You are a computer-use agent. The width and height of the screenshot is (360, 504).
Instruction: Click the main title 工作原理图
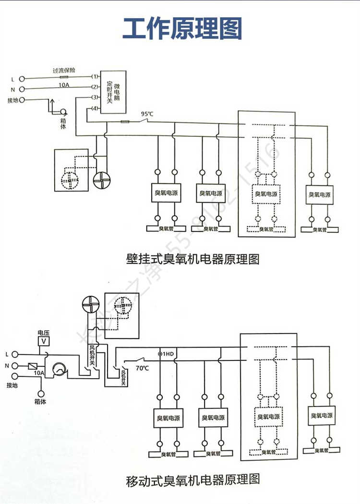(x=182, y=28)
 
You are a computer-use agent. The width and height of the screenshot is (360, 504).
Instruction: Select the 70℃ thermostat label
(x=142, y=369)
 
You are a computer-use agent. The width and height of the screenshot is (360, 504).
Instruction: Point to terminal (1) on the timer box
(x=95, y=77)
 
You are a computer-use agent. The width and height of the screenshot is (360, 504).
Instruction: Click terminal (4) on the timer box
(x=95, y=108)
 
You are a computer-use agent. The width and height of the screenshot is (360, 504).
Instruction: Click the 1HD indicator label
(x=167, y=354)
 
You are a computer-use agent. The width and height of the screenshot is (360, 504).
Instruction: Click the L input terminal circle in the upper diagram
(x=21, y=78)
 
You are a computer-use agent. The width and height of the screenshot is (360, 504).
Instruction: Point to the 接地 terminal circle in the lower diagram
(x=15, y=376)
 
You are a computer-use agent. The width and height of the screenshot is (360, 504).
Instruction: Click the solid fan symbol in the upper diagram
(x=102, y=180)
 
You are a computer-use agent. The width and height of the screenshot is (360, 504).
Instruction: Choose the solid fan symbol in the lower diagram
(x=90, y=304)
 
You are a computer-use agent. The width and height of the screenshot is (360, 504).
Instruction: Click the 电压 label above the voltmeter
(x=44, y=332)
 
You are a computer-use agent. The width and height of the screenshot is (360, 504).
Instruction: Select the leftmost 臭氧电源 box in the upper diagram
(x=166, y=193)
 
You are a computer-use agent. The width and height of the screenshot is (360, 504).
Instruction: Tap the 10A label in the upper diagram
(x=64, y=85)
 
